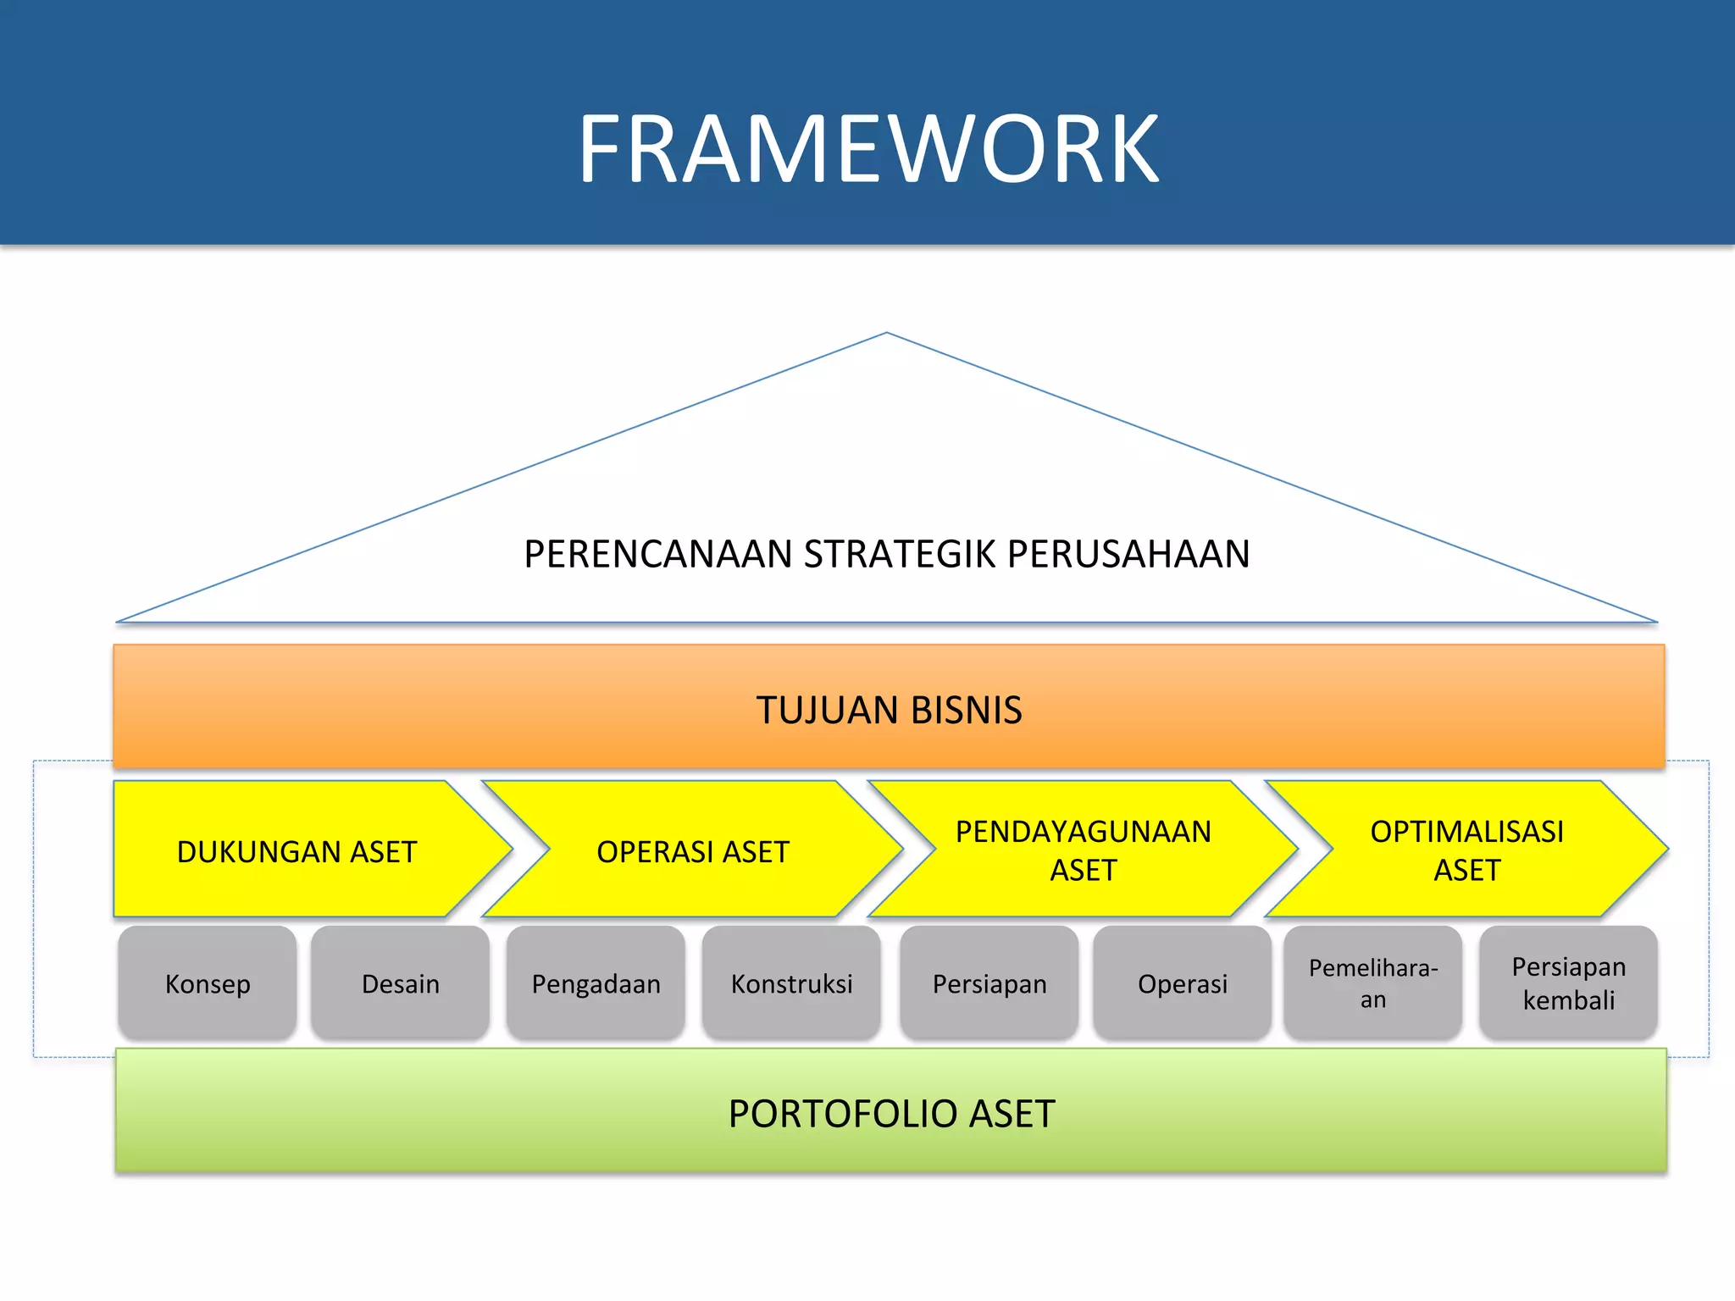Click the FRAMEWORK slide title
pos(868,150)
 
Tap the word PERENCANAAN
pos(657,554)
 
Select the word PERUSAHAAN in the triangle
pos(1128,554)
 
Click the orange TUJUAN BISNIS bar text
pos(889,710)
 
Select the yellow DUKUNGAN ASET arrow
pos(297,850)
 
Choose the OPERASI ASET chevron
pos(692,850)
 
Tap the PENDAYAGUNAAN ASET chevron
pos(1083,850)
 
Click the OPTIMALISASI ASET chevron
pos(1466,850)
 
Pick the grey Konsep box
pos(208,983)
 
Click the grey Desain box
pos(400,983)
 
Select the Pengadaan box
pos(596,983)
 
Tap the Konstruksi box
pos(791,983)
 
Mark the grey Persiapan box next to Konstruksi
pos(989,983)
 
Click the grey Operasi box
pos(1182,983)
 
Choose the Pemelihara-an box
pos(1372,983)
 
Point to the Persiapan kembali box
pos(1568,983)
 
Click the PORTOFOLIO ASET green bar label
pos(891,1113)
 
